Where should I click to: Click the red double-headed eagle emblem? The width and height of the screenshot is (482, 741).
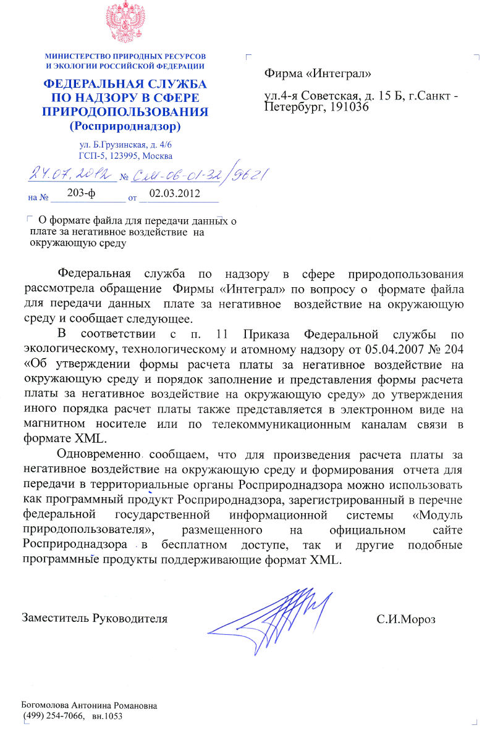[124, 23]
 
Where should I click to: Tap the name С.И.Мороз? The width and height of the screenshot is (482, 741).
[406, 618]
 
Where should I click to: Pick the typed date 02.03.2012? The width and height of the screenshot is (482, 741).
[171, 193]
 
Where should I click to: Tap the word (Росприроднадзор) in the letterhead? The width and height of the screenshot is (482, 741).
[125, 127]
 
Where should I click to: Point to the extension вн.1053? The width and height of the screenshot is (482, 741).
[107, 716]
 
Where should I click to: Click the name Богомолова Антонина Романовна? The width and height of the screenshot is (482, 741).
[89, 705]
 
